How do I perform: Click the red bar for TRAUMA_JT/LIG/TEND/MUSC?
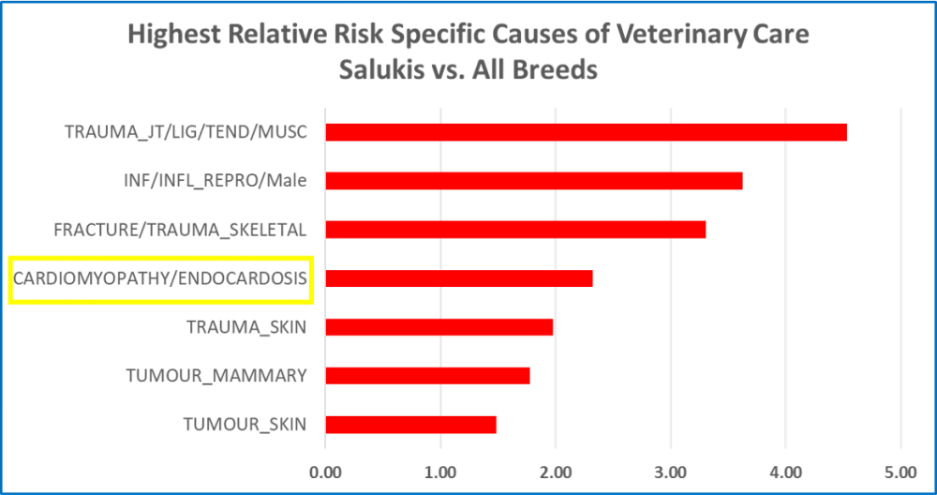pyautogui.click(x=586, y=131)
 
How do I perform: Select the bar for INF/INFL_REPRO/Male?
pyautogui.click(x=533, y=180)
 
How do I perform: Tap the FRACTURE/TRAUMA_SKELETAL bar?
pyautogui.click(x=515, y=229)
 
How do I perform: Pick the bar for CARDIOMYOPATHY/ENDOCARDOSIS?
pyautogui.click(x=458, y=278)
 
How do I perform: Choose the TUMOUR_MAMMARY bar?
pyautogui.click(x=426, y=376)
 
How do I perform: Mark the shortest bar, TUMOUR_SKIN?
pyautogui.click(x=410, y=425)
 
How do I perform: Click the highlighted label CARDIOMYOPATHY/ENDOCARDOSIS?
pyautogui.click(x=160, y=278)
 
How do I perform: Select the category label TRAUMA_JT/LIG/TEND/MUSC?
pyautogui.click(x=186, y=131)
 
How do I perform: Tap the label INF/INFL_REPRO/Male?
pyautogui.click(x=216, y=180)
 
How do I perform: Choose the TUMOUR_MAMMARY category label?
pyautogui.click(x=216, y=376)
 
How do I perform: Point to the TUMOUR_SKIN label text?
pyautogui.click(x=245, y=425)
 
